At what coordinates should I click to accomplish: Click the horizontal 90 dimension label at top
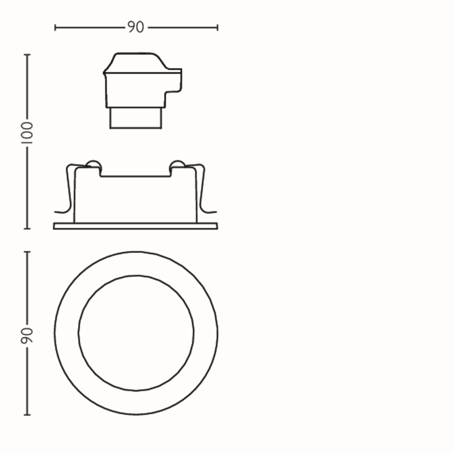(x=135, y=27)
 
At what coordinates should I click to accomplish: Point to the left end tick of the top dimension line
(x=55, y=27)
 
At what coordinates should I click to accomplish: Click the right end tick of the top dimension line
(x=218, y=27)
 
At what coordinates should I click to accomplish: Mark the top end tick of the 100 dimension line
(x=27, y=55)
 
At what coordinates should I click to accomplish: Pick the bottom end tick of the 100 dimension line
(x=27, y=229)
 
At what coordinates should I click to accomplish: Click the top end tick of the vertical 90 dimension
(x=27, y=252)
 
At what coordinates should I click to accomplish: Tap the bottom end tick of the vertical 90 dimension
(x=27, y=415)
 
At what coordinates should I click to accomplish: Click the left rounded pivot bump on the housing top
(x=94, y=164)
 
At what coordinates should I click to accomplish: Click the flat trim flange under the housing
(x=135, y=226)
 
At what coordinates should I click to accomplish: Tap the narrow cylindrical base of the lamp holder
(x=135, y=118)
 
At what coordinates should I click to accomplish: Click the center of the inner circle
(x=136, y=333)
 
